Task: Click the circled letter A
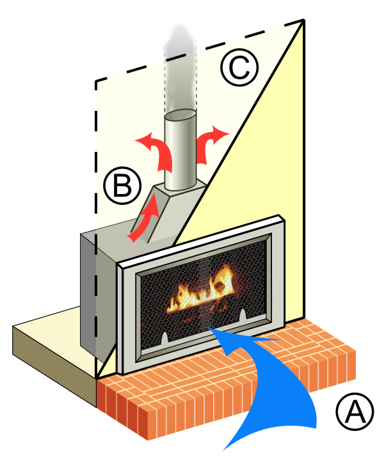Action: tap(355, 411)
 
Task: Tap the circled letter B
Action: tap(122, 186)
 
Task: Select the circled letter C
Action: tap(240, 67)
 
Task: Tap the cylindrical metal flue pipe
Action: tap(180, 150)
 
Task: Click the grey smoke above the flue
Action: tap(180, 68)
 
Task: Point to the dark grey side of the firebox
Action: tap(88, 291)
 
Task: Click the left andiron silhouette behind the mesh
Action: tap(164, 338)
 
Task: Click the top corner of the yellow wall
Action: tap(303, 20)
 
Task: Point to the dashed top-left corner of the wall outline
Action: tap(96, 81)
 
